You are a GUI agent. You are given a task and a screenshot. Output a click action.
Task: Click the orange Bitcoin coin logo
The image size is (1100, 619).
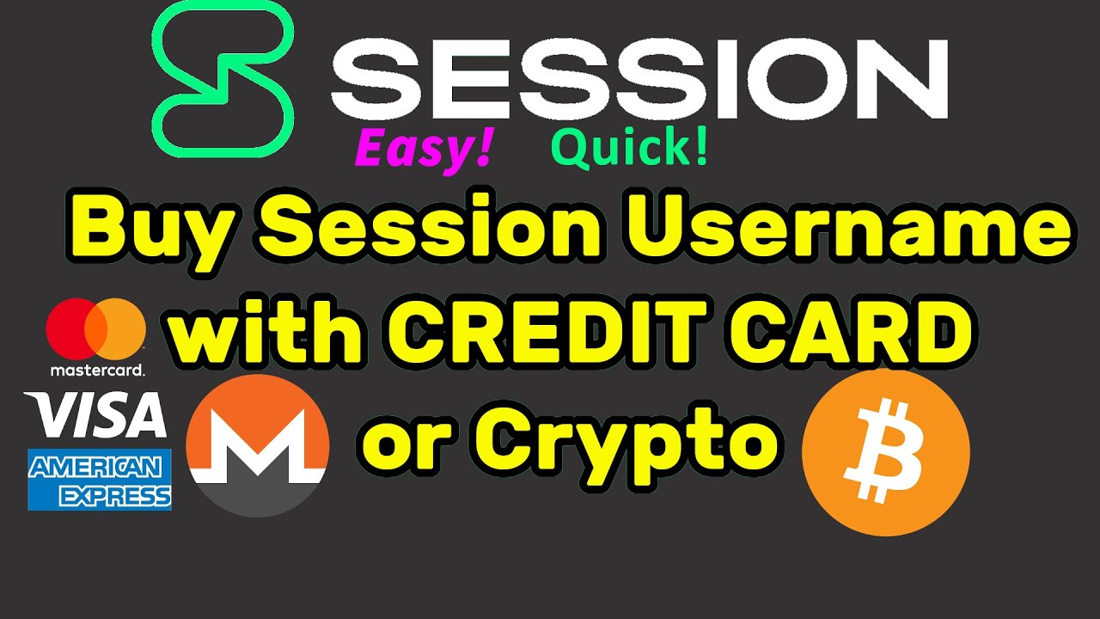coord(885,452)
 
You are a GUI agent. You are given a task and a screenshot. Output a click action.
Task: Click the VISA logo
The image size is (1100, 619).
coord(95,414)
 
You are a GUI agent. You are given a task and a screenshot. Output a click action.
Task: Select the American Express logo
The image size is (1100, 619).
coord(99,480)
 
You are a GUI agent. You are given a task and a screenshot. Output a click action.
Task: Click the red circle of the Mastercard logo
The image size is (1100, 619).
coord(73,328)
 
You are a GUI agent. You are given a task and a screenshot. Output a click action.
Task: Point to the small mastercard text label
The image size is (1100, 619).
coord(96,370)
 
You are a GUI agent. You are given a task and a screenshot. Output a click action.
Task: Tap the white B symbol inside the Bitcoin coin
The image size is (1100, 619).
coord(884,453)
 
